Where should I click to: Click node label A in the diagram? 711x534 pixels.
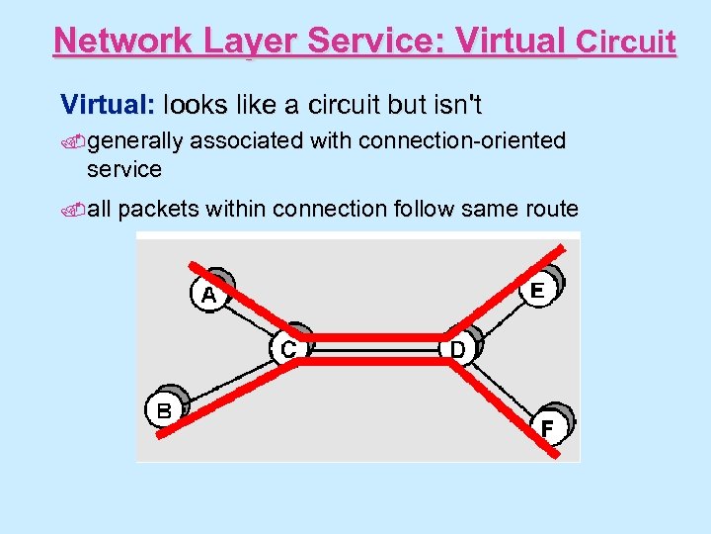[x=209, y=295]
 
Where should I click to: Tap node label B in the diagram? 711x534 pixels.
[x=164, y=409]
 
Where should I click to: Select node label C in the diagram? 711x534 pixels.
[x=286, y=348]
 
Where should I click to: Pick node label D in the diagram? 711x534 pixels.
[x=457, y=349]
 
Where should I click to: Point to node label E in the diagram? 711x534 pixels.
[x=537, y=291]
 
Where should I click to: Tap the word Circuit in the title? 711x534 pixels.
[x=626, y=43]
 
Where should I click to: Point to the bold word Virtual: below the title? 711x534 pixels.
[x=108, y=104]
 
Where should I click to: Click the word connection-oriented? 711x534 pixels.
[x=462, y=140]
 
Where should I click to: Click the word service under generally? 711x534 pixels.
[x=123, y=169]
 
